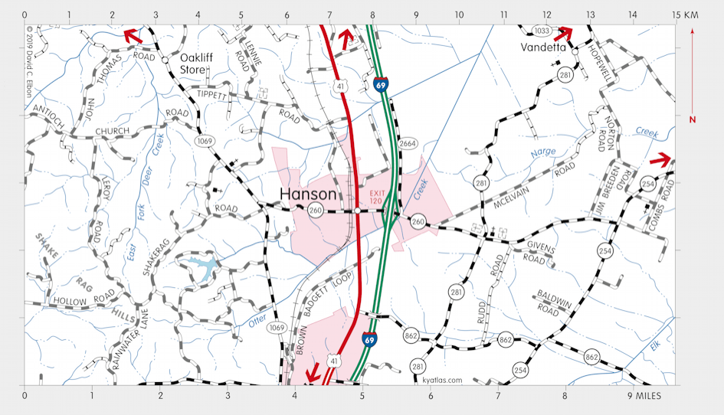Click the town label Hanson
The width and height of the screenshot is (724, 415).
(x=308, y=194)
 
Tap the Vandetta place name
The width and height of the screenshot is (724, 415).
(x=542, y=47)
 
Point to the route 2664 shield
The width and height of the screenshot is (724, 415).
(x=408, y=143)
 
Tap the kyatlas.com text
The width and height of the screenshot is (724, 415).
(x=442, y=380)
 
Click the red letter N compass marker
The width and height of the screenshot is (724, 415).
(x=692, y=119)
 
